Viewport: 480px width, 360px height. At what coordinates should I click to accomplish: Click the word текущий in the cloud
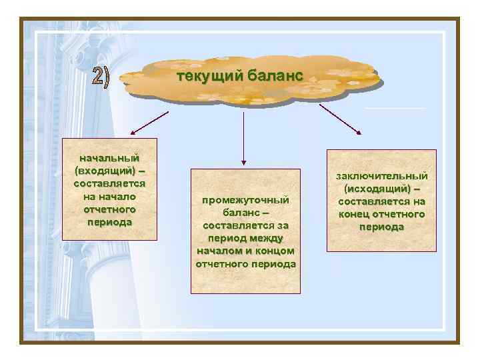tap(204, 76)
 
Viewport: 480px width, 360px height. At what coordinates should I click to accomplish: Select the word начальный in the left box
tap(109, 158)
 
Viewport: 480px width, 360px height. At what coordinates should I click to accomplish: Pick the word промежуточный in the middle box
tap(245, 200)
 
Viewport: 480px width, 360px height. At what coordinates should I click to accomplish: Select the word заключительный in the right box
tap(382, 176)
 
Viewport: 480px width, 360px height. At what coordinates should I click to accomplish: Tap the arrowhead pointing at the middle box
tap(244, 161)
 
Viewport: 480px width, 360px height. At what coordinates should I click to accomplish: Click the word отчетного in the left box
tap(109, 209)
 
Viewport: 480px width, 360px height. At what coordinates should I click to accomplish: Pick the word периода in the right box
tap(381, 227)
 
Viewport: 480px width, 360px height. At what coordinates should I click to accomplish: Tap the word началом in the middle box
tap(220, 251)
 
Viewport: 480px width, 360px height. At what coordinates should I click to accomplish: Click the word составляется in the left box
tap(109, 183)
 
